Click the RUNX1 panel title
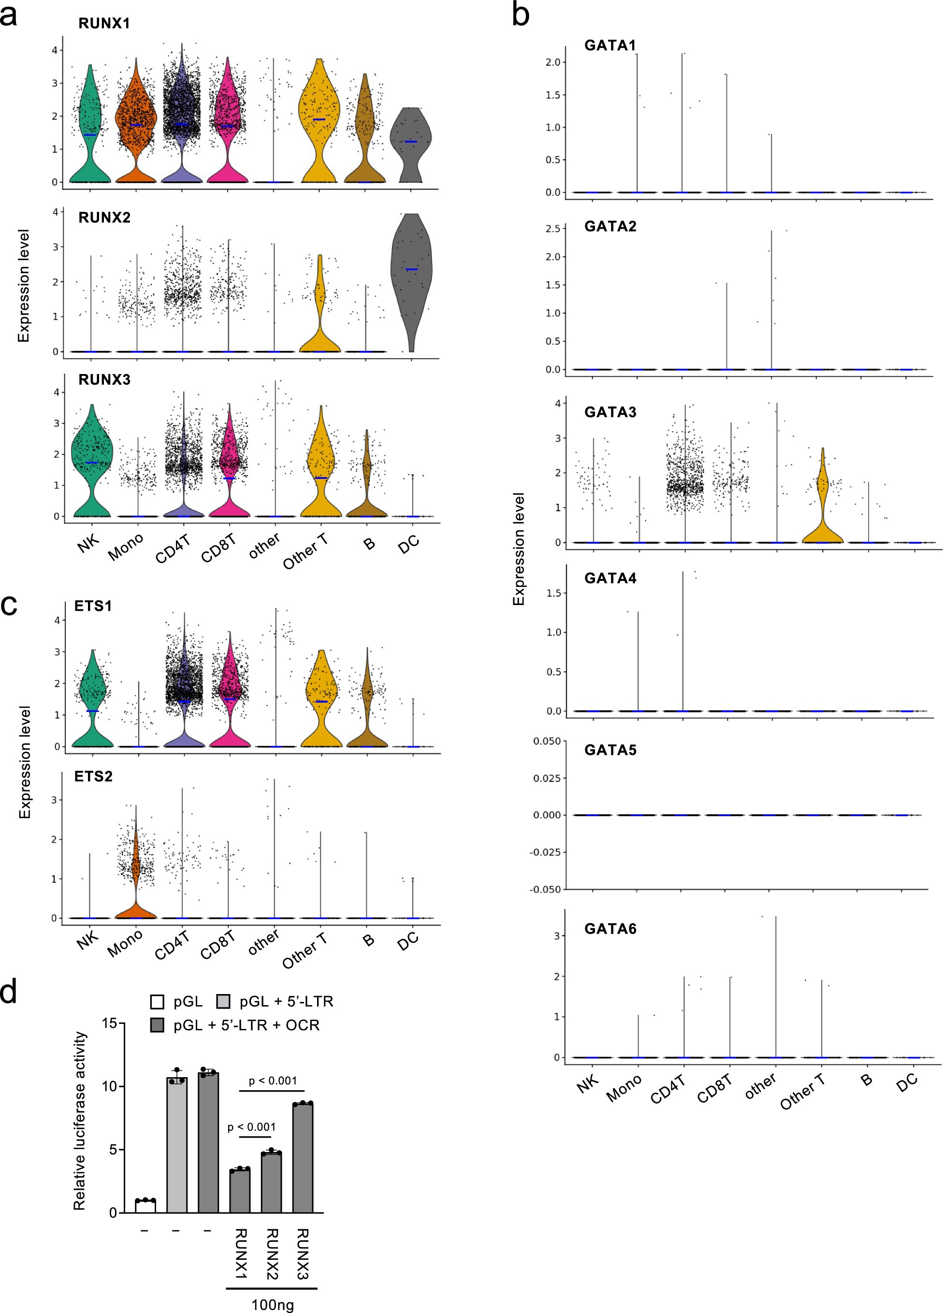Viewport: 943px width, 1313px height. [104, 23]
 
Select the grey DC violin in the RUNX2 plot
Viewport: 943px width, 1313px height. [411, 272]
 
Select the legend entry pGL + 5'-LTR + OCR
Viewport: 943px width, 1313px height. [246, 1025]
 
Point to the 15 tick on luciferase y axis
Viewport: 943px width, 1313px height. [109, 1024]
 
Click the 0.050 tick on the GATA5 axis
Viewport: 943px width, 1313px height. [547, 741]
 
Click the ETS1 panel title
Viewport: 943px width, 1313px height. [93, 606]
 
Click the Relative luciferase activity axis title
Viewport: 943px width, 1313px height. [79, 1120]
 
